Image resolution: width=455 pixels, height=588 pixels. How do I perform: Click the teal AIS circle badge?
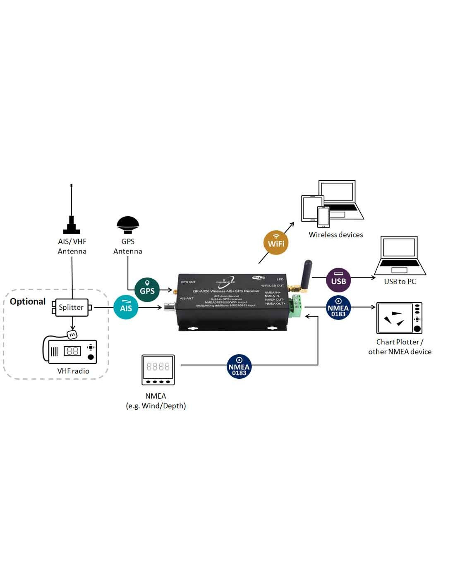click(126, 307)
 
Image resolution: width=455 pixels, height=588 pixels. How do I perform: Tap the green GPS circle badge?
click(147, 289)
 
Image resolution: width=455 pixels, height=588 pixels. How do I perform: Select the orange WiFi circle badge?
click(276, 243)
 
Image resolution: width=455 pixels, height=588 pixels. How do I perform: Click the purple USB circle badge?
click(338, 280)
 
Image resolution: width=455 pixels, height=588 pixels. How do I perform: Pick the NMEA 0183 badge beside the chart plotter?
click(338, 308)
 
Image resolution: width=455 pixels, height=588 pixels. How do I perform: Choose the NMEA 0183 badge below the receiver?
click(239, 366)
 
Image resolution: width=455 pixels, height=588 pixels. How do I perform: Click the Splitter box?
click(72, 307)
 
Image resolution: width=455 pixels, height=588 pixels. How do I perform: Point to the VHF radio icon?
click(71, 351)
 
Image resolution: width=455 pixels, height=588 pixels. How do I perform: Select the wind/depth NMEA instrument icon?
click(158, 370)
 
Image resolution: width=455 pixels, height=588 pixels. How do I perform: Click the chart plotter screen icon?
click(399, 318)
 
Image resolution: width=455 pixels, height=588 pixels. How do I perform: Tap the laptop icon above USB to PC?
click(400, 256)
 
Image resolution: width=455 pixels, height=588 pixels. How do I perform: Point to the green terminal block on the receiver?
click(296, 306)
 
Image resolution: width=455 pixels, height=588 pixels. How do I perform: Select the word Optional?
click(28, 301)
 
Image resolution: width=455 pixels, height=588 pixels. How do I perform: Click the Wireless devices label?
click(335, 234)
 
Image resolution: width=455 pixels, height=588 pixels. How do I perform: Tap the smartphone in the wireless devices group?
click(323, 216)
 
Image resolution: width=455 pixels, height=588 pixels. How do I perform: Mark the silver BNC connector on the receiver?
click(170, 308)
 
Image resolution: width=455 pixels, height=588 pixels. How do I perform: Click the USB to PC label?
click(400, 281)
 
